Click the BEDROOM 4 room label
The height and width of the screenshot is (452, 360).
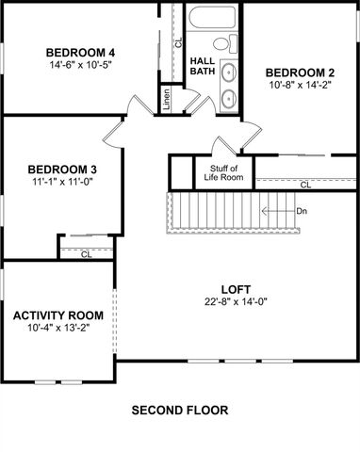tap(80, 51)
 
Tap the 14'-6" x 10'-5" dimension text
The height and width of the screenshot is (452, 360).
tap(80, 65)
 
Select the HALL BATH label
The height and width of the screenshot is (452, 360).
tap(202, 67)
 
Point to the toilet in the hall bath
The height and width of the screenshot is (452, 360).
tap(222, 43)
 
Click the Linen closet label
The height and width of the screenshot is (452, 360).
tap(167, 97)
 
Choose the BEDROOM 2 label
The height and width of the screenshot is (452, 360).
tap(300, 73)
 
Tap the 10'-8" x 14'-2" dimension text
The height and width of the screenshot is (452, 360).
tap(300, 87)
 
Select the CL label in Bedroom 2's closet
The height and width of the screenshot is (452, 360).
tap(305, 185)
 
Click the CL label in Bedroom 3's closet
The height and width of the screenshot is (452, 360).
tap(86, 253)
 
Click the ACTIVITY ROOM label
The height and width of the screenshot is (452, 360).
tap(57, 315)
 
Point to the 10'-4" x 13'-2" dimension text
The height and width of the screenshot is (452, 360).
tap(57, 329)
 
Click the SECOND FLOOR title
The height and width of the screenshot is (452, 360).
tap(179, 411)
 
